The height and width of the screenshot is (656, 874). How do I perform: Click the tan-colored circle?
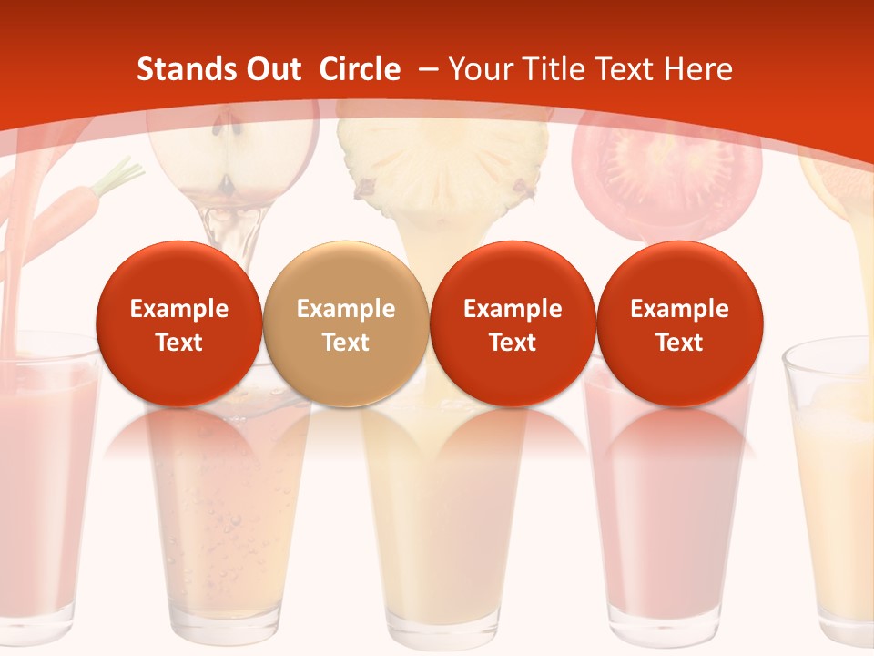pyautogui.click(x=345, y=323)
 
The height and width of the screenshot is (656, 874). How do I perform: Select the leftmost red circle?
pyautogui.click(x=178, y=323)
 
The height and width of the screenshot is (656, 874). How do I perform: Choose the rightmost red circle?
pyautogui.click(x=679, y=323)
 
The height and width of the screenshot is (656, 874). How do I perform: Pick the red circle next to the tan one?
pyautogui.click(x=513, y=323)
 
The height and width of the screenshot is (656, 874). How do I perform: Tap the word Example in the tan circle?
pyautogui.click(x=345, y=309)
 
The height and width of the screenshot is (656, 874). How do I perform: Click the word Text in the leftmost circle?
pyautogui.click(x=178, y=343)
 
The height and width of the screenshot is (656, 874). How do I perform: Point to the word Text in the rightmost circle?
pyautogui.click(x=679, y=343)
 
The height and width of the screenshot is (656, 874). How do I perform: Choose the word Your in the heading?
pyautogui.click(x=480, y=69)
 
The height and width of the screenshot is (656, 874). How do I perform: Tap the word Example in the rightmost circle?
pyautogui.click(x=679, y=309)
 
